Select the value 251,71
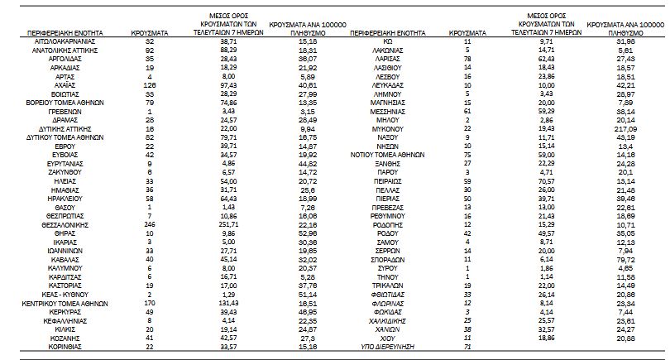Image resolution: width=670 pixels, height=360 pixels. coord(218,223)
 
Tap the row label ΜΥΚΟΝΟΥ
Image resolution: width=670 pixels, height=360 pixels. coord(388,130)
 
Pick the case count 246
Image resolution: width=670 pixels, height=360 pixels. coord(150,223)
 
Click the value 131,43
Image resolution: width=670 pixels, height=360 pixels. coord(218,304)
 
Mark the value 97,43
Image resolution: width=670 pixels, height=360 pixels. coord(218,84)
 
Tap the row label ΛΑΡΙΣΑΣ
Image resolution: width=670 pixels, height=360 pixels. coord(388,61)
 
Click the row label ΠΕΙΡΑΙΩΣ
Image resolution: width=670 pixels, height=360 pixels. coord(388,178)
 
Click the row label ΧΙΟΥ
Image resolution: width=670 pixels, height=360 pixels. coord(388,338)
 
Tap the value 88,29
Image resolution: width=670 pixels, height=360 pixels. coord(218,50)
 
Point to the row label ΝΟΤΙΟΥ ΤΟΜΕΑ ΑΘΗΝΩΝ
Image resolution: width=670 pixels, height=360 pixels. coord(388,153)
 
